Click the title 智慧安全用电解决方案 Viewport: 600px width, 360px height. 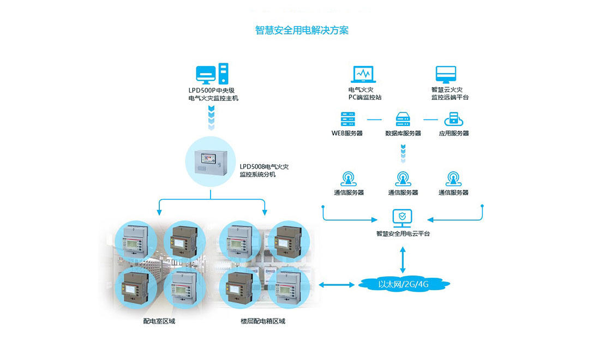point(302,30)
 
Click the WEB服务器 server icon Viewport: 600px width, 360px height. point(347,118)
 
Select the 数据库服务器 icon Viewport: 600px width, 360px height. point(403,118)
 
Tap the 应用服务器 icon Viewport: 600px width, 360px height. point(453,118)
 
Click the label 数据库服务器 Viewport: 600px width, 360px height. point(403,133)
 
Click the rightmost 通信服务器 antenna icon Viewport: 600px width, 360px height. point(453,178)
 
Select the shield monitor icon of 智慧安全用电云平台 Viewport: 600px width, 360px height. point(403,217)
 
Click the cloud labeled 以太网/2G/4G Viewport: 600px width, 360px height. point(403,284)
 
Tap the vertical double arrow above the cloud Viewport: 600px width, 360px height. point(403,259)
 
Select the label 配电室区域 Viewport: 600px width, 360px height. point(159,321)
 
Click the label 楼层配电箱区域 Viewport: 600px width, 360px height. point(263,321)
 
